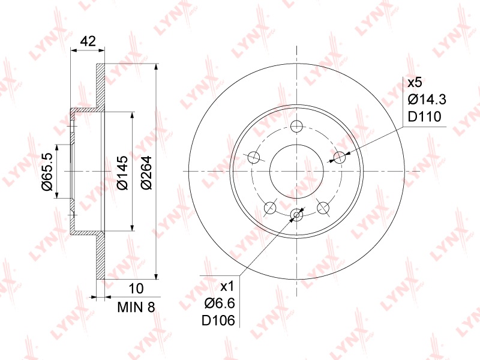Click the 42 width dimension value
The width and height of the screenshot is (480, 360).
(88, 41)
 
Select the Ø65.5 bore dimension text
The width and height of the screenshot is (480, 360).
(48, 172)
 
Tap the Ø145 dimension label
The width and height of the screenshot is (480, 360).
(122, 172)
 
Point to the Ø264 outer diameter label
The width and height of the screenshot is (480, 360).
(146, 172)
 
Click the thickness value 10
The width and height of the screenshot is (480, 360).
(136, 289)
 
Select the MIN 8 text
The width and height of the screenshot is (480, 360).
(137, 307)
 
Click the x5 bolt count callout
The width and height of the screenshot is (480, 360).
(415, 83)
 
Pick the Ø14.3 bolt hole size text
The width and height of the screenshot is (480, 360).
(427, 100)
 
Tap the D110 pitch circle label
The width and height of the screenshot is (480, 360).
(425, 116)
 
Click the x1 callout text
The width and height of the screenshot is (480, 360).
(227, 287)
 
